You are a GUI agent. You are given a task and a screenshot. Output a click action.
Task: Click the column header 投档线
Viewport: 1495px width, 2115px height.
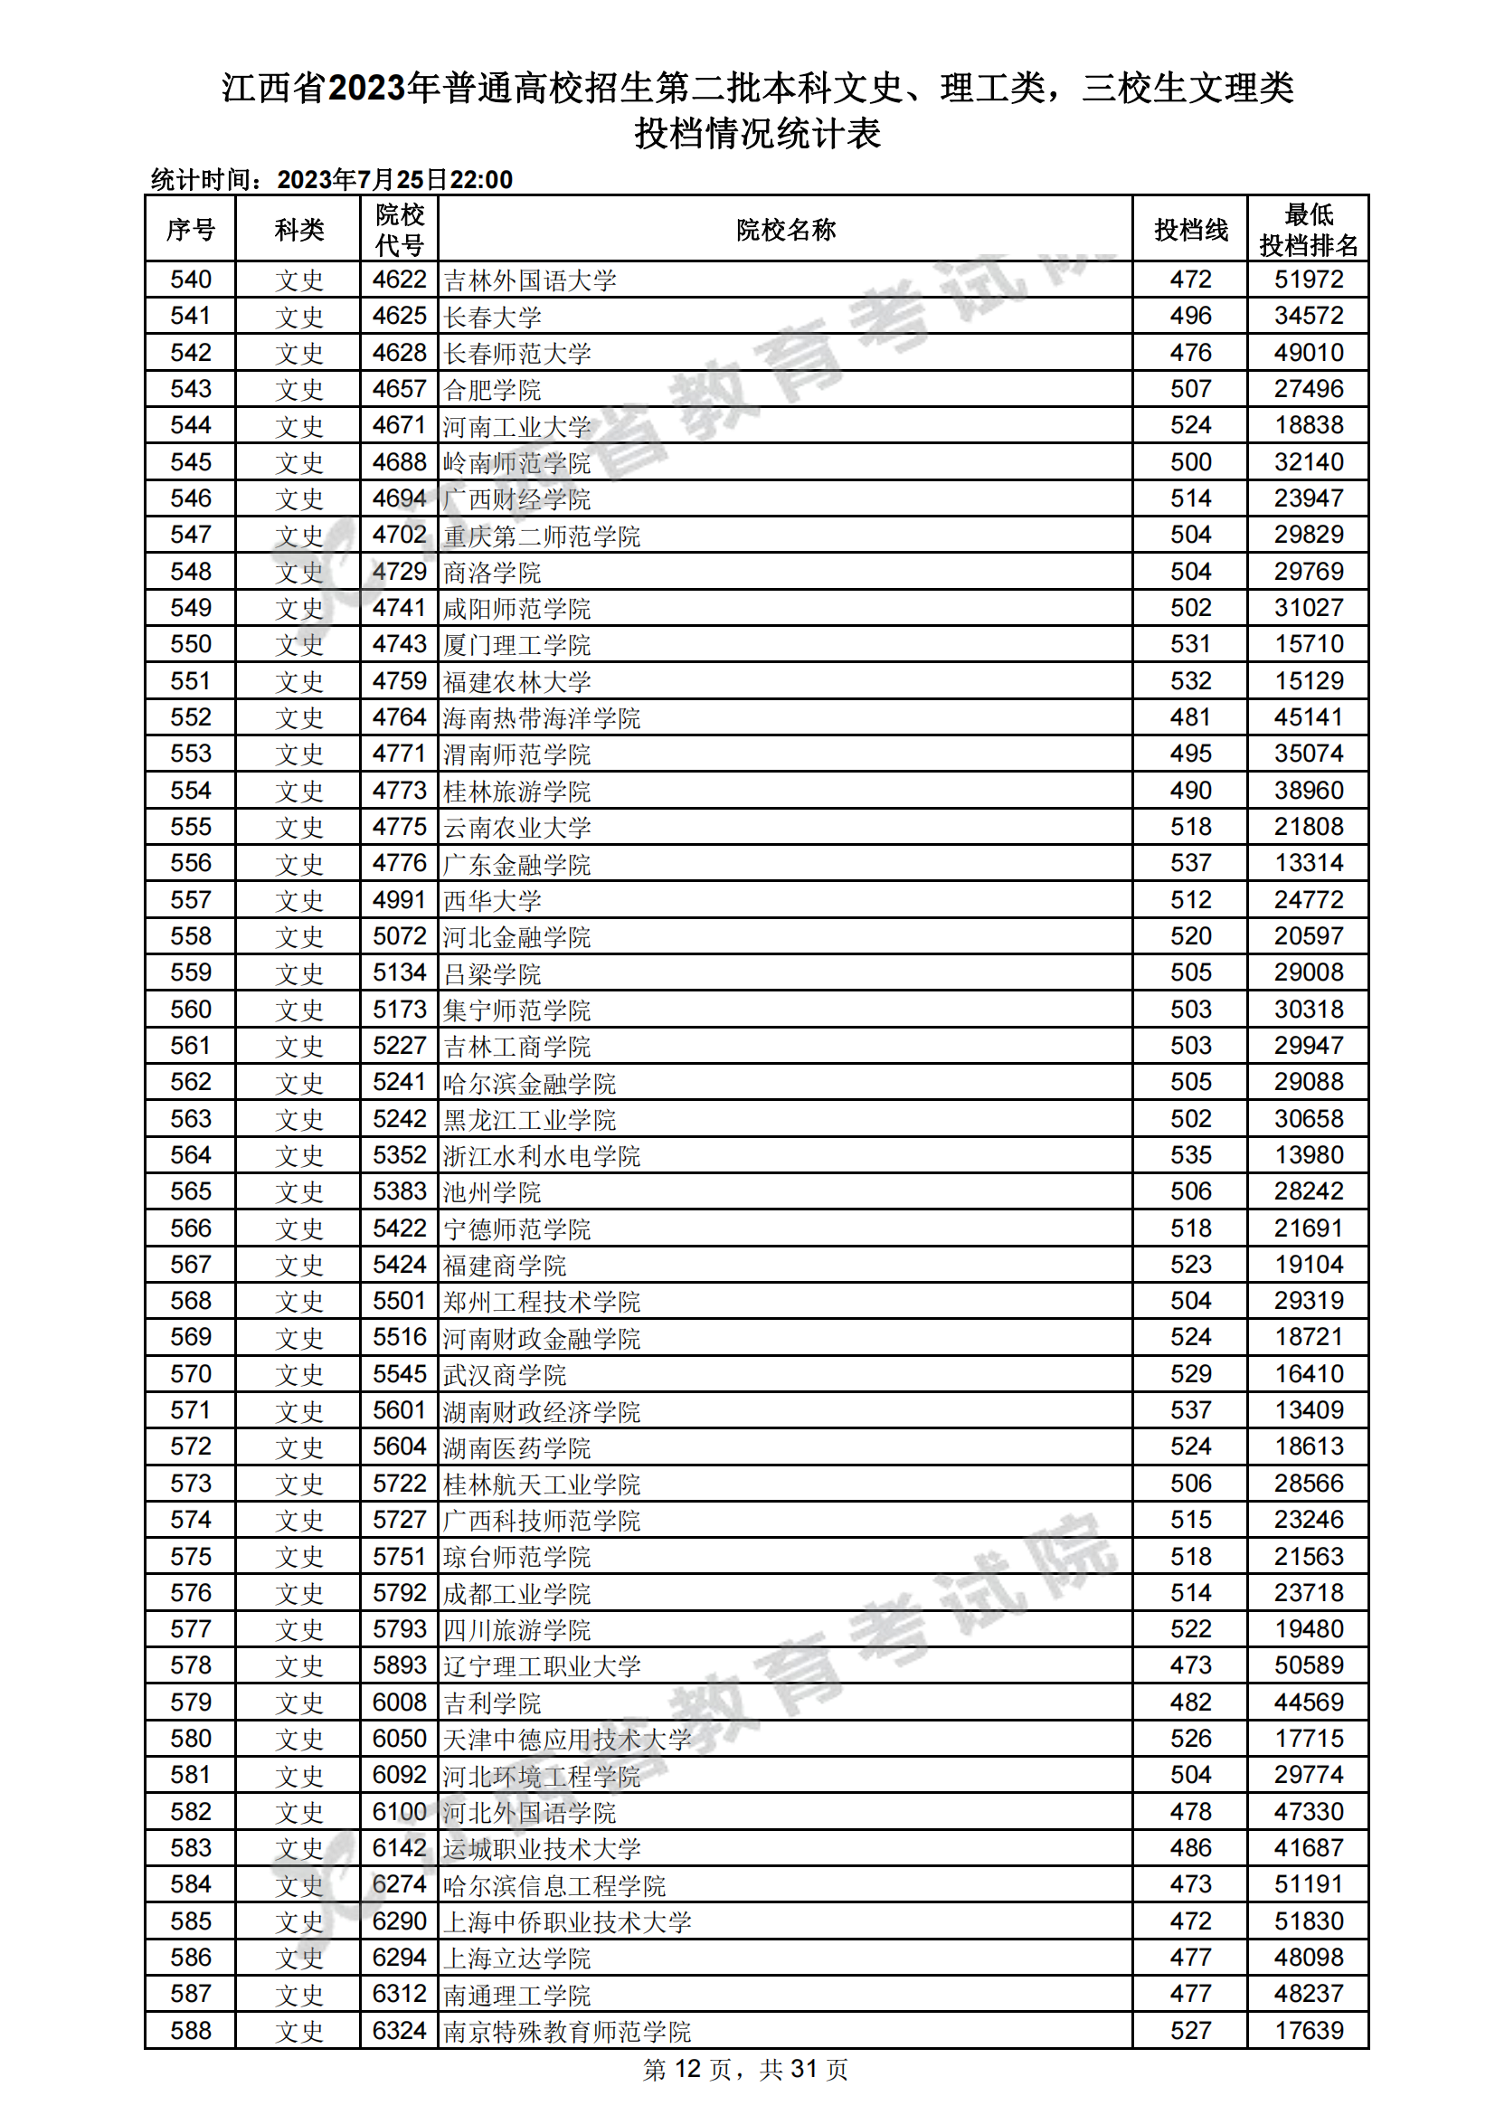coord(1190,230)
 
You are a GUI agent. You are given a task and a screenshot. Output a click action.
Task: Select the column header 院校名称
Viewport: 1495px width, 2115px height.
coord(785,230)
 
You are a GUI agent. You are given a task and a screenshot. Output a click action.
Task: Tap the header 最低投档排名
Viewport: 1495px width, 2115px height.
coord(1308,230)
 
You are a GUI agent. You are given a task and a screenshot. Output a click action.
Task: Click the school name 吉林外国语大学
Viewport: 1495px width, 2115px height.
coord(530,280)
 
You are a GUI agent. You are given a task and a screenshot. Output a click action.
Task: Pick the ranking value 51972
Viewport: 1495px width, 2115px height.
coord(1308,280)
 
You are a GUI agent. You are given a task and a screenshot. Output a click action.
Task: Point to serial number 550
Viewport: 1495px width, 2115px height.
coord(191,645)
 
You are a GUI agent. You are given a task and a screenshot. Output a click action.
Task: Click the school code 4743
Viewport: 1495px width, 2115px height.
coord(399,645)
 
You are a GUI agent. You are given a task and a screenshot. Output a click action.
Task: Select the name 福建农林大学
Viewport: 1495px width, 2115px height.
coord(516,682)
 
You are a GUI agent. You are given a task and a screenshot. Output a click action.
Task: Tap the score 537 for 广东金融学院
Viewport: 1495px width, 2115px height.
coord(1190,863)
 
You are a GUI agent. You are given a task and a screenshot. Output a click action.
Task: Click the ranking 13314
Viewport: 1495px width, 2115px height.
coord(1308,863)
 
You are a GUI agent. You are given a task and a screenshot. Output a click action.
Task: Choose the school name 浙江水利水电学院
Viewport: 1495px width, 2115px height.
coord(542,1155)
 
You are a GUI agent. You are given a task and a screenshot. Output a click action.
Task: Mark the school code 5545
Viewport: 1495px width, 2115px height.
coord(399,1374)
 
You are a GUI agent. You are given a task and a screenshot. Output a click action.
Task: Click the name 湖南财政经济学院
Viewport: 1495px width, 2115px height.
coord(542,1411)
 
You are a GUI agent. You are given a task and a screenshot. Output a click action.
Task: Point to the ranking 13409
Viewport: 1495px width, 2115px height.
coord(1308,1410)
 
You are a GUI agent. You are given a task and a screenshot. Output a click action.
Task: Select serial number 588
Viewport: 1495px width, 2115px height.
coord(191,2030)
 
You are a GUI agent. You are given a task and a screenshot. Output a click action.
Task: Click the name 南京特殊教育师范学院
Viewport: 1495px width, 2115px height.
coord(566,2031)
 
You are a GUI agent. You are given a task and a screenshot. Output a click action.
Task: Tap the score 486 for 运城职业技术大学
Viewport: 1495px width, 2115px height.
coord(1190,1848)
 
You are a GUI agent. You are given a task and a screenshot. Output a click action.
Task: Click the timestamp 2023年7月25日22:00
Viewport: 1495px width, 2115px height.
coord(394,180)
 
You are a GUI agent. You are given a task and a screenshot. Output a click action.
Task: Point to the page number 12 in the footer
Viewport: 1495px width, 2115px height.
coord(687,2069)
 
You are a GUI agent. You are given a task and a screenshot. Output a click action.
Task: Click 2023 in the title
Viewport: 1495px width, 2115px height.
coord(367,89)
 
